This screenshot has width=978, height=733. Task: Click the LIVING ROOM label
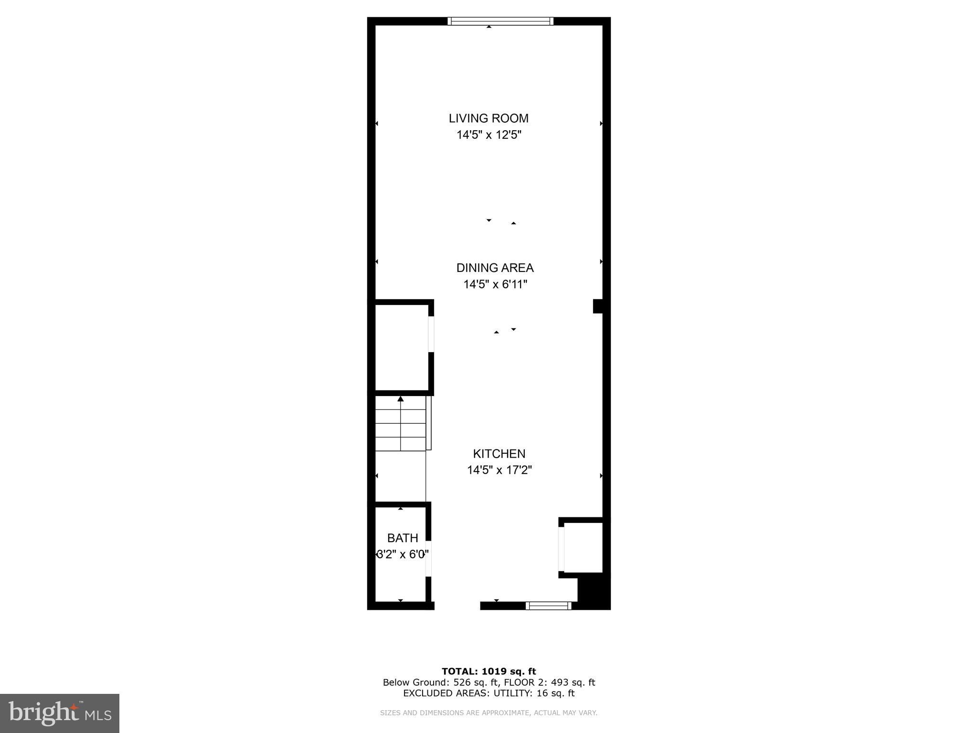(489, 118)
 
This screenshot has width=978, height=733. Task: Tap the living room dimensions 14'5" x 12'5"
(489, 135)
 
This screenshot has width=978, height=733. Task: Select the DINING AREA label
(495, 268)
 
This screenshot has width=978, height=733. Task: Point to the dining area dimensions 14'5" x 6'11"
(495, 284)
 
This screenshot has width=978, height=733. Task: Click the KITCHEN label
(499, 453)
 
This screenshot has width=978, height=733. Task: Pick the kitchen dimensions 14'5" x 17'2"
(499, 470)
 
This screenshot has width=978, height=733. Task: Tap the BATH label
(403, 538)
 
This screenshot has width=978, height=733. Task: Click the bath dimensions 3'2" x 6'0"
(403, 555)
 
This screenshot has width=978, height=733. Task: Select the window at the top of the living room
(500, 21)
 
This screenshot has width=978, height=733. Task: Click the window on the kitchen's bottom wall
(548, 606)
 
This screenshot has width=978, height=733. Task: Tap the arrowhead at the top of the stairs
(401, 399)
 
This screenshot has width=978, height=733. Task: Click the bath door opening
(429, 559)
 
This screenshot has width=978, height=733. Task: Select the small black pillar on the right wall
(598, 306)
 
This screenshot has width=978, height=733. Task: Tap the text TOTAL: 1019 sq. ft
(489, 671)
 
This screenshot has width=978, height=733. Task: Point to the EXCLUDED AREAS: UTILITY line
(489, 693)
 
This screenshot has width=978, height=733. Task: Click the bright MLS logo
(60, 713)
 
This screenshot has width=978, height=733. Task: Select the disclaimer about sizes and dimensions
(489, 713)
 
